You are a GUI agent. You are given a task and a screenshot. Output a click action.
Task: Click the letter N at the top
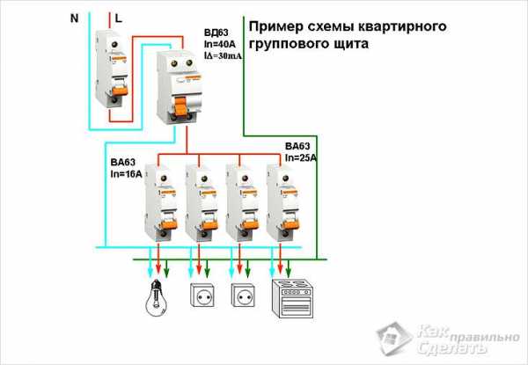point(74,18)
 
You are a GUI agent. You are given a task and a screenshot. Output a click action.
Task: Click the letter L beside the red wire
point(118,18)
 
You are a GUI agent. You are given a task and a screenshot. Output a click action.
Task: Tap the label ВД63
point(216,33)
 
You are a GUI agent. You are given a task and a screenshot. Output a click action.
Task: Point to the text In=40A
point(220,44)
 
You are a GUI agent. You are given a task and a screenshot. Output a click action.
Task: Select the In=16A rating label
point(126,174)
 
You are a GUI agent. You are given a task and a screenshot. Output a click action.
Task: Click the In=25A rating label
point(301,157)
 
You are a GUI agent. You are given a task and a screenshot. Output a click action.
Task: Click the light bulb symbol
point(157,298)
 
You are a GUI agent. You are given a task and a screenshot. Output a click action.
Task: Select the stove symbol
point(293,298)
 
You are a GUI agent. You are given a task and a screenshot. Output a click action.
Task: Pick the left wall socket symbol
point(202,295)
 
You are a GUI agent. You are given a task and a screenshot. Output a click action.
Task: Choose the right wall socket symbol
point(243,295)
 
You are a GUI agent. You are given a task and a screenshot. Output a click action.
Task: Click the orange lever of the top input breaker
point(121,90)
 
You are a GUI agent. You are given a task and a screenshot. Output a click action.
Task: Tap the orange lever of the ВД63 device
point(180,106)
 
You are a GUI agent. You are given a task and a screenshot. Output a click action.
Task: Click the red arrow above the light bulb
point(158,259)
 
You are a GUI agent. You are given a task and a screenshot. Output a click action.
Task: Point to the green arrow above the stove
point(288,268)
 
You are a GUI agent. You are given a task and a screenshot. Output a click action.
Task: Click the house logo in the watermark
point(394,338)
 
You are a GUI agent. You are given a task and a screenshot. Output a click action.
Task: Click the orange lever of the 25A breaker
point(290,223)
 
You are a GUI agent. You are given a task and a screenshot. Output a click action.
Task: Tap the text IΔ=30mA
point(223,56)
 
